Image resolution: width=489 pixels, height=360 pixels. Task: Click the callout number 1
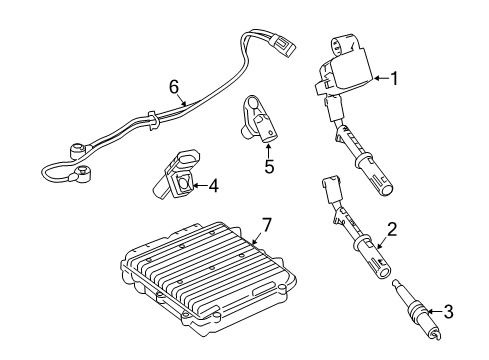coord(394,79)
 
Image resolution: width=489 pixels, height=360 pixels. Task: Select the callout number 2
coord(392,230)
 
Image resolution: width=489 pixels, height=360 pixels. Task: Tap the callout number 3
coord(449,312)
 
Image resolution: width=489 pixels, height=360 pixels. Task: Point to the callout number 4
coord(213,186)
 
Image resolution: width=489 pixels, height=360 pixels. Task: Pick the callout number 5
coord(269,166)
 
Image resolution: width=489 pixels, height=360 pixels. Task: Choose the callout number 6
coord(174,87)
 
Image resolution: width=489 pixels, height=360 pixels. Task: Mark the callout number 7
coord(267,225)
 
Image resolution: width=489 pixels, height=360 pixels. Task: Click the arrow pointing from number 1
coord(381,78)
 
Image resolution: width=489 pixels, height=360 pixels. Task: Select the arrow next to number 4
coord(199,186)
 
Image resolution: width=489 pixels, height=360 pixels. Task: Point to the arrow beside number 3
coord(435,312)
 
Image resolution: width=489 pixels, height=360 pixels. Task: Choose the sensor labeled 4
coord(177,176)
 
